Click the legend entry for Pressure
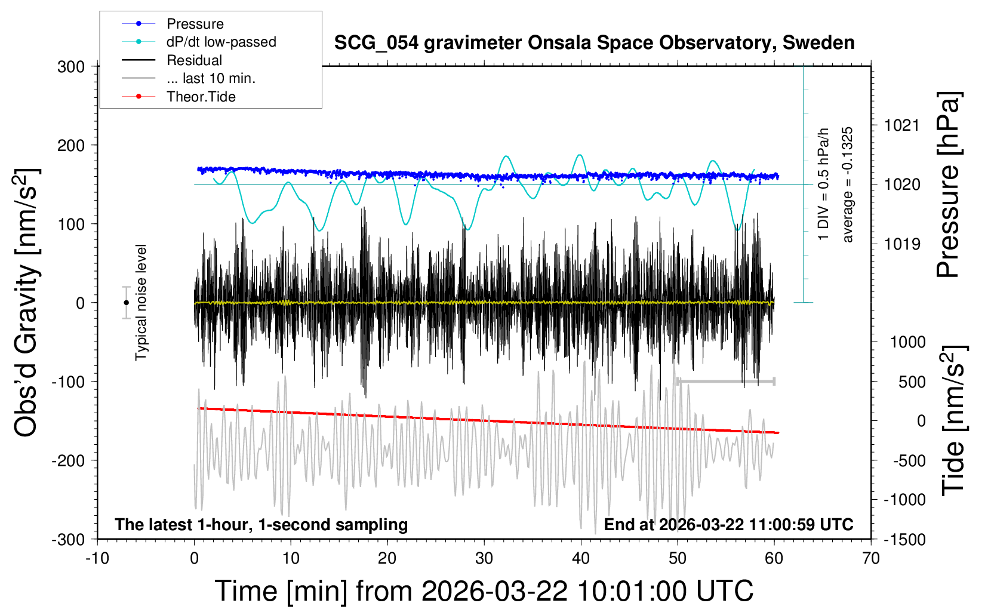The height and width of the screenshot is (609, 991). (195, 24)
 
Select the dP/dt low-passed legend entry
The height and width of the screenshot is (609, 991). (221, 42)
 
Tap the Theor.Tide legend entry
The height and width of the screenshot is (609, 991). (201, 97)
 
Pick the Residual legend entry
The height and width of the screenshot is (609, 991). (194, 60)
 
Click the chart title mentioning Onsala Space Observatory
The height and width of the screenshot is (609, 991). (594, 43)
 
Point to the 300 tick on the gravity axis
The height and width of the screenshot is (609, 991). (71, 67)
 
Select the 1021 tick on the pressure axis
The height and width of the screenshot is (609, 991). (901, 125)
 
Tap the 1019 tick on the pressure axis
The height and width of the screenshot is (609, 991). (901, 244)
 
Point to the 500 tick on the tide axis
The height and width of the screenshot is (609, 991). (912, 382)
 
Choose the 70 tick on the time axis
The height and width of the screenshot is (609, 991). (871, 559)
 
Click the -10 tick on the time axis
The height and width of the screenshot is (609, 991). (97, 559)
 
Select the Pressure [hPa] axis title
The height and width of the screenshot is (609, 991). (948, 185)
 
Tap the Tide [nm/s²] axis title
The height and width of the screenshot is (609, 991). (953, 421)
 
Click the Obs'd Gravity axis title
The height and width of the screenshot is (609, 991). (27, 303)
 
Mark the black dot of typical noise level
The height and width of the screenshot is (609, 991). (126, 303)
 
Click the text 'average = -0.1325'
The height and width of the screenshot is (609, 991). (847, 184)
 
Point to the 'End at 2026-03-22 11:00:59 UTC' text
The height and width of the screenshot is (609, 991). (728, 525)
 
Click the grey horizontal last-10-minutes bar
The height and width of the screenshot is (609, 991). (726, 381)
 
